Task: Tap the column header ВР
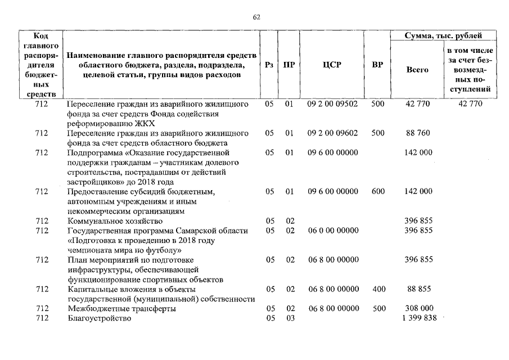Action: (x=378, y=65)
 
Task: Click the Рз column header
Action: (x=269, y=65)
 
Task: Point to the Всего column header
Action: (x=417, y=70)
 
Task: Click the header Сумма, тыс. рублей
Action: (x=444, y=35)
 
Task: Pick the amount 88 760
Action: (x=417, y=133)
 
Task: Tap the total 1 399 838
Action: (x=417, y=318)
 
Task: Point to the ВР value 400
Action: (x=379, y=289)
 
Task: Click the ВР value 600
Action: (x=379, y=191)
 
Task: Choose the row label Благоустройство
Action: (x=98, y=318)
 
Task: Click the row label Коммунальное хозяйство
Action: (x=109, y=221)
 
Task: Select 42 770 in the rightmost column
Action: (x=470, y=104)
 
